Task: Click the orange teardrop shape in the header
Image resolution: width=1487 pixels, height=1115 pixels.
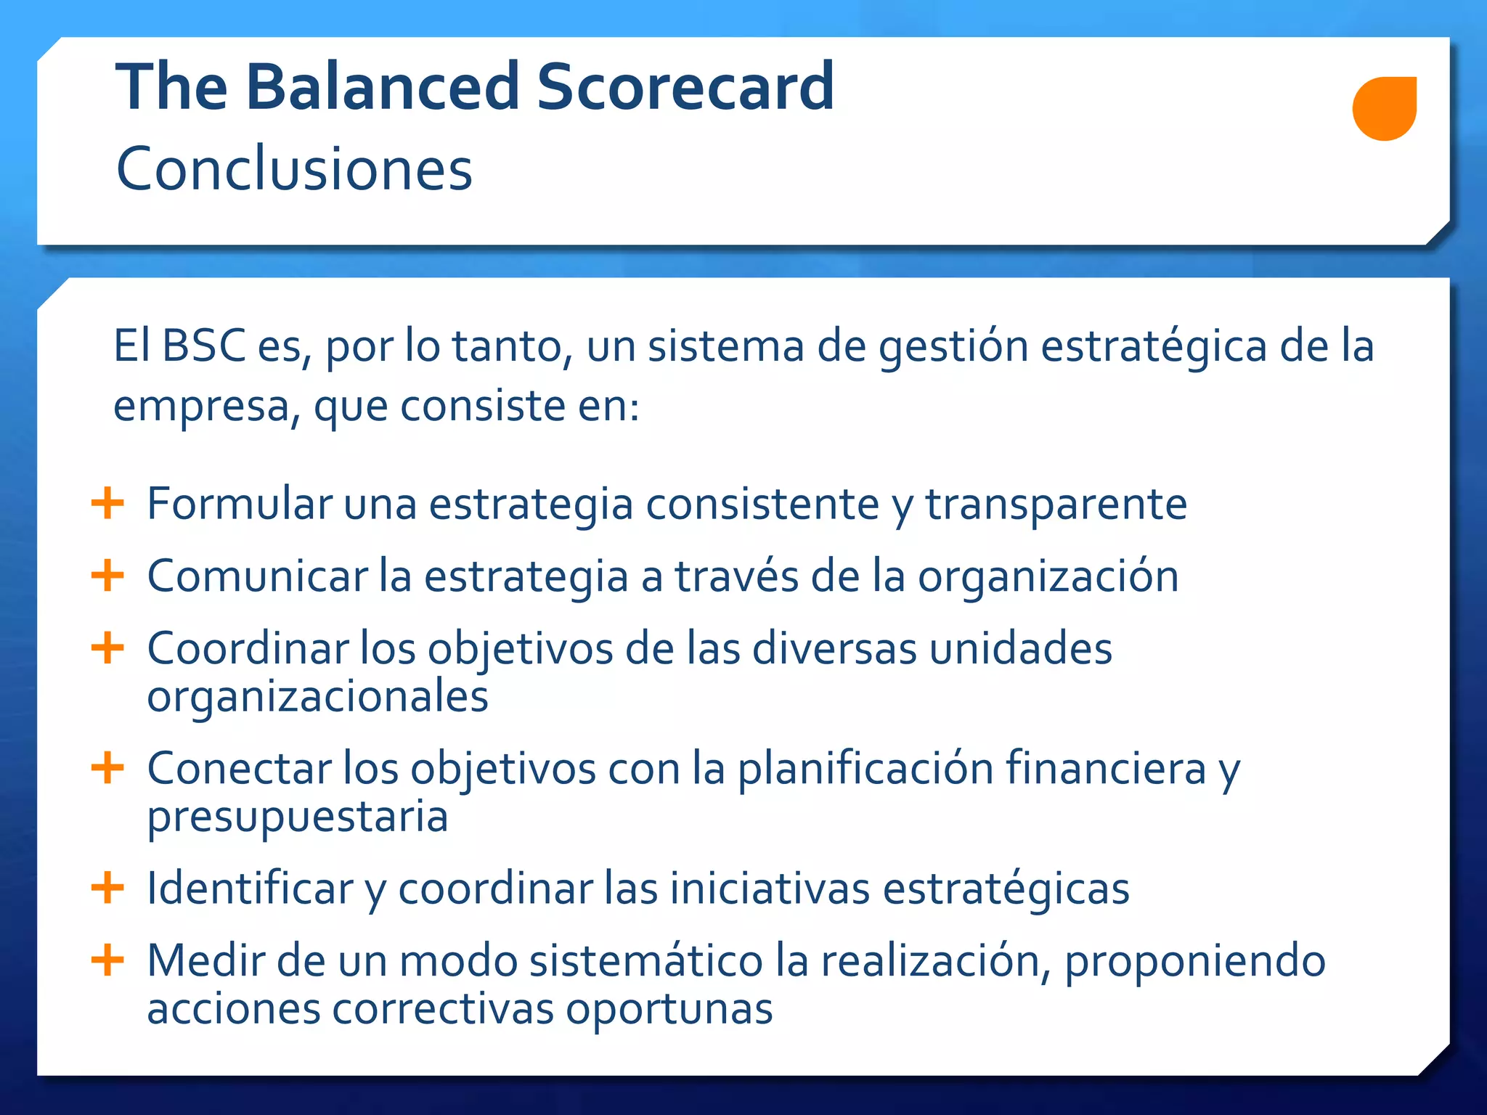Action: tap(1384, 108)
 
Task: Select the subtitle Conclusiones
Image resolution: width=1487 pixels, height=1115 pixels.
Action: tap(294, 168)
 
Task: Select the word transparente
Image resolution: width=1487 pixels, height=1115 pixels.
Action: tap(1056, 504)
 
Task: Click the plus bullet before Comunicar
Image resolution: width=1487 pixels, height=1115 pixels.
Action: tap(108, 576)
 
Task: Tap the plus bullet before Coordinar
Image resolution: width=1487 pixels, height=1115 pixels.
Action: tap(108, 648)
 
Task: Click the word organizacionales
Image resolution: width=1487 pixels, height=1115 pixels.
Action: tap(317, 697)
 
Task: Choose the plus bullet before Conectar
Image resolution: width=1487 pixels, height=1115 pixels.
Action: tap(108, 767)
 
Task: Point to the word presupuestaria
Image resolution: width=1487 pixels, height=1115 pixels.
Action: tap(297, 817)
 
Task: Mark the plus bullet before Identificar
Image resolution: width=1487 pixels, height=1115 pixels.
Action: tap(108, 887)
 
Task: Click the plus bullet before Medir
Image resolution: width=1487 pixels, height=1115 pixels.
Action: tap(108, 960)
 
